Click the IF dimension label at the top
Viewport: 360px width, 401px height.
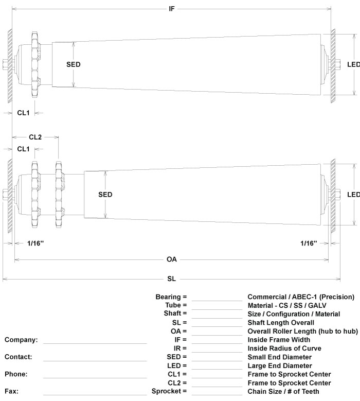coord(172,9)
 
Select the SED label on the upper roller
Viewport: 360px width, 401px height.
coord(74,64)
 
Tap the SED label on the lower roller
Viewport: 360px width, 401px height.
coord(105,195)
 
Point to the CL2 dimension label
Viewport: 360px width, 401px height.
coord(35,137)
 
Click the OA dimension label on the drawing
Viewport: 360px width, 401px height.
coord(172,259)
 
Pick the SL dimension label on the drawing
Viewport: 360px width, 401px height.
coord(171,279)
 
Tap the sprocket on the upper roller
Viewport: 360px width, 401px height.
coord(35,64)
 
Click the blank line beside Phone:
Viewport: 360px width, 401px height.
coord(95,376)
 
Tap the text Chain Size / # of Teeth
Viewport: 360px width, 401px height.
coord(283,392)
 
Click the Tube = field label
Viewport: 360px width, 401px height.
coord(174,305)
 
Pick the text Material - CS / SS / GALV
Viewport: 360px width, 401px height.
coord(291,305)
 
